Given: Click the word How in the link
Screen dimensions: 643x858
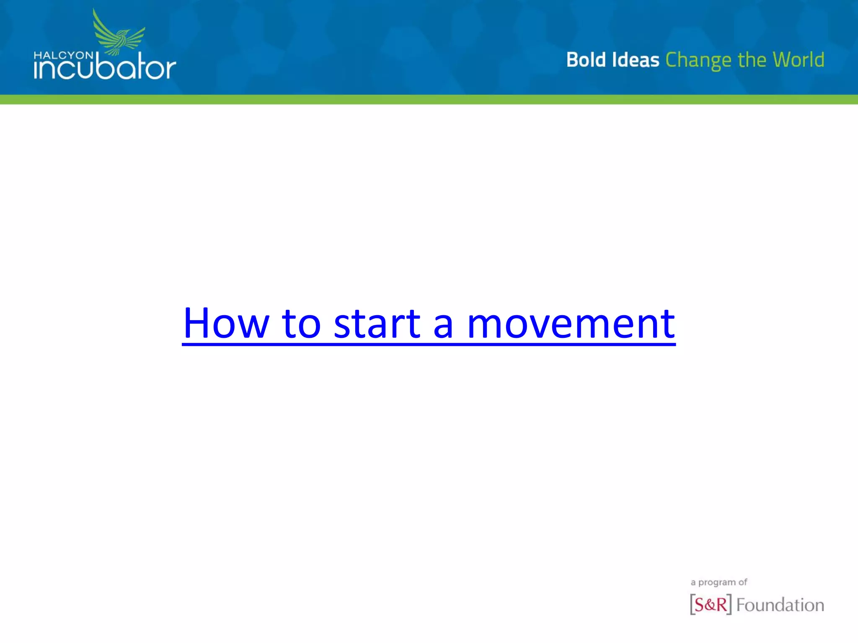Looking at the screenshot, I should pos(226,323).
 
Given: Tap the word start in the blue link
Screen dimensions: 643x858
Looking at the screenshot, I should pos(377,323).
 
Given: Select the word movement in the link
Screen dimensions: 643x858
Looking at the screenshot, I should pos(571,323).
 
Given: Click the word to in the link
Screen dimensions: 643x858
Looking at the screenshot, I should pos(301,323).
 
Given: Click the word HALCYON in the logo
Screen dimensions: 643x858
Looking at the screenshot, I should pos(63,55).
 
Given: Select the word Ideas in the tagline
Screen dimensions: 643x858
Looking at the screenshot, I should pos(636,60).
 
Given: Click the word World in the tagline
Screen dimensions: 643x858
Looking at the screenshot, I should pos(799,60).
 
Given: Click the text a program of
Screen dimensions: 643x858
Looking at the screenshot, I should pos(718,582).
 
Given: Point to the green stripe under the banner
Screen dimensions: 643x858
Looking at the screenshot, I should pos(429,100).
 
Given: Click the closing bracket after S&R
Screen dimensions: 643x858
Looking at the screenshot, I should pos(729,604).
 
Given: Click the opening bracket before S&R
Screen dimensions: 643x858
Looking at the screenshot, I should pos(692,604).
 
